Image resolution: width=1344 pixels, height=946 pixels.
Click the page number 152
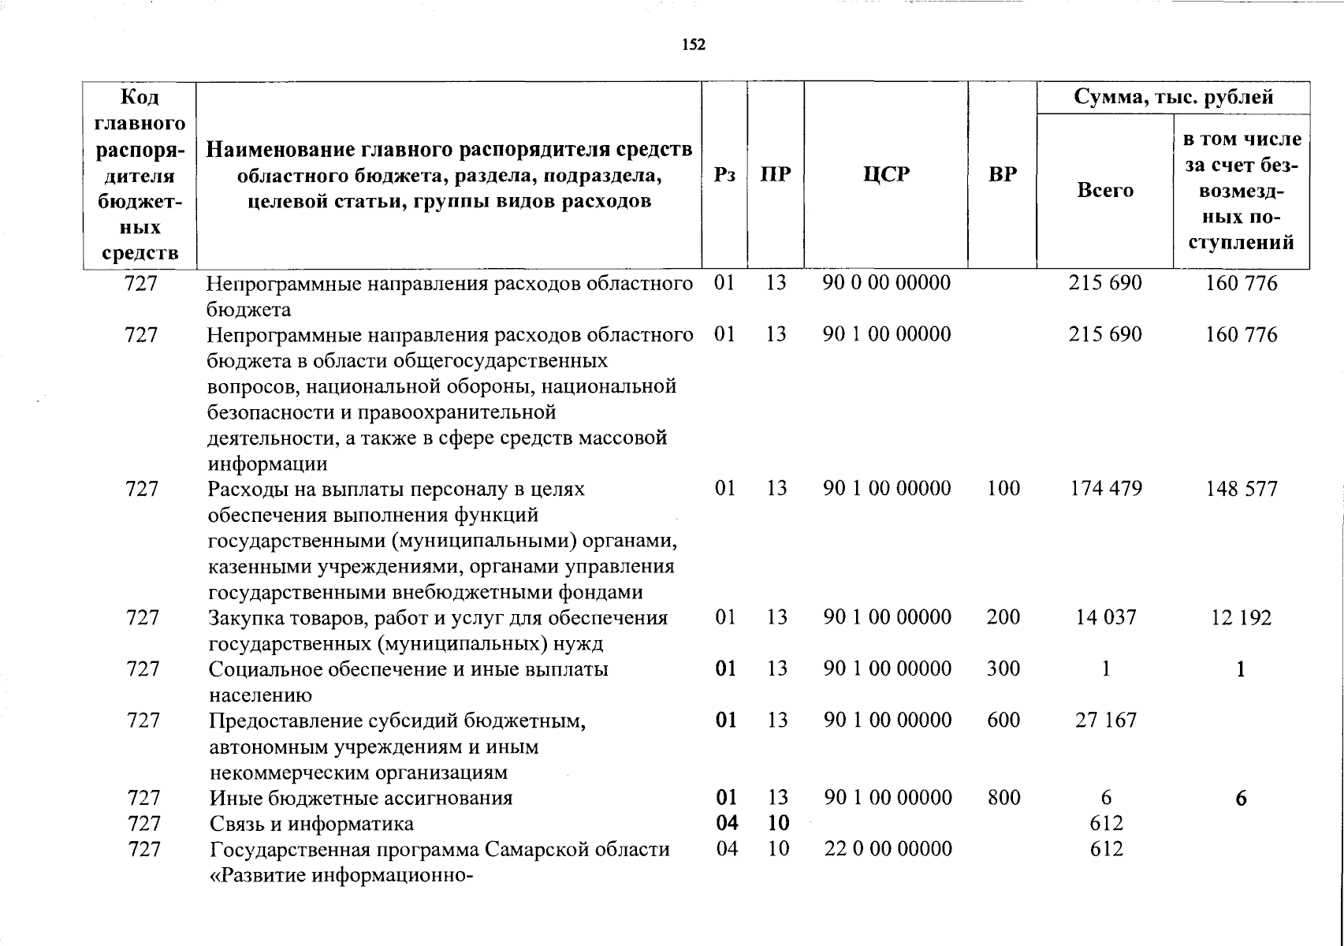tap(694, 45)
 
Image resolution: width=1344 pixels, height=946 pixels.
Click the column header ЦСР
tap(886, 174)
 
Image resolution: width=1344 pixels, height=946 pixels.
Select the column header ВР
tap(1002, 174)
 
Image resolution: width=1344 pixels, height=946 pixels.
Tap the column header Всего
tap(1105, 191)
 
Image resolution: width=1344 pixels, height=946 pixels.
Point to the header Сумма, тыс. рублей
tap(1174, 98)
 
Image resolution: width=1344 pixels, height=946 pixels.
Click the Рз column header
tap(724, 174)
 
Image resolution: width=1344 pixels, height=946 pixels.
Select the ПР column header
tap(776, 174)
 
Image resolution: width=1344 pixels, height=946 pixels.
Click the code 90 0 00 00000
tap(887, 282)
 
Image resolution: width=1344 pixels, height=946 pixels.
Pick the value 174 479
tap(1106, 489)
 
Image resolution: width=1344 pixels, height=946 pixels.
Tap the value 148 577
tap(1241, 489)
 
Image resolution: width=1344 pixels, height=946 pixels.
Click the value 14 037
tap(1106, 617)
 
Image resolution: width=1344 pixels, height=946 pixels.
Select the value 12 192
tap(1241, 618)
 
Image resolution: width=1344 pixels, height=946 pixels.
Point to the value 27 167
tap(1106, 720)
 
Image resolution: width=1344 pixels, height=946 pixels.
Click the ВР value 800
tap(1003, 798)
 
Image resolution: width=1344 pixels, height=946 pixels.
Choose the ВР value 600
tap(1003, 720)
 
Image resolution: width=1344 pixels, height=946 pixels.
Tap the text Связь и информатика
tap(311, 824)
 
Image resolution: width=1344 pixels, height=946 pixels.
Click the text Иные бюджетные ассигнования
tap(361, 798)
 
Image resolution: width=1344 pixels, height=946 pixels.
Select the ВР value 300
tap(1003, 669)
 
